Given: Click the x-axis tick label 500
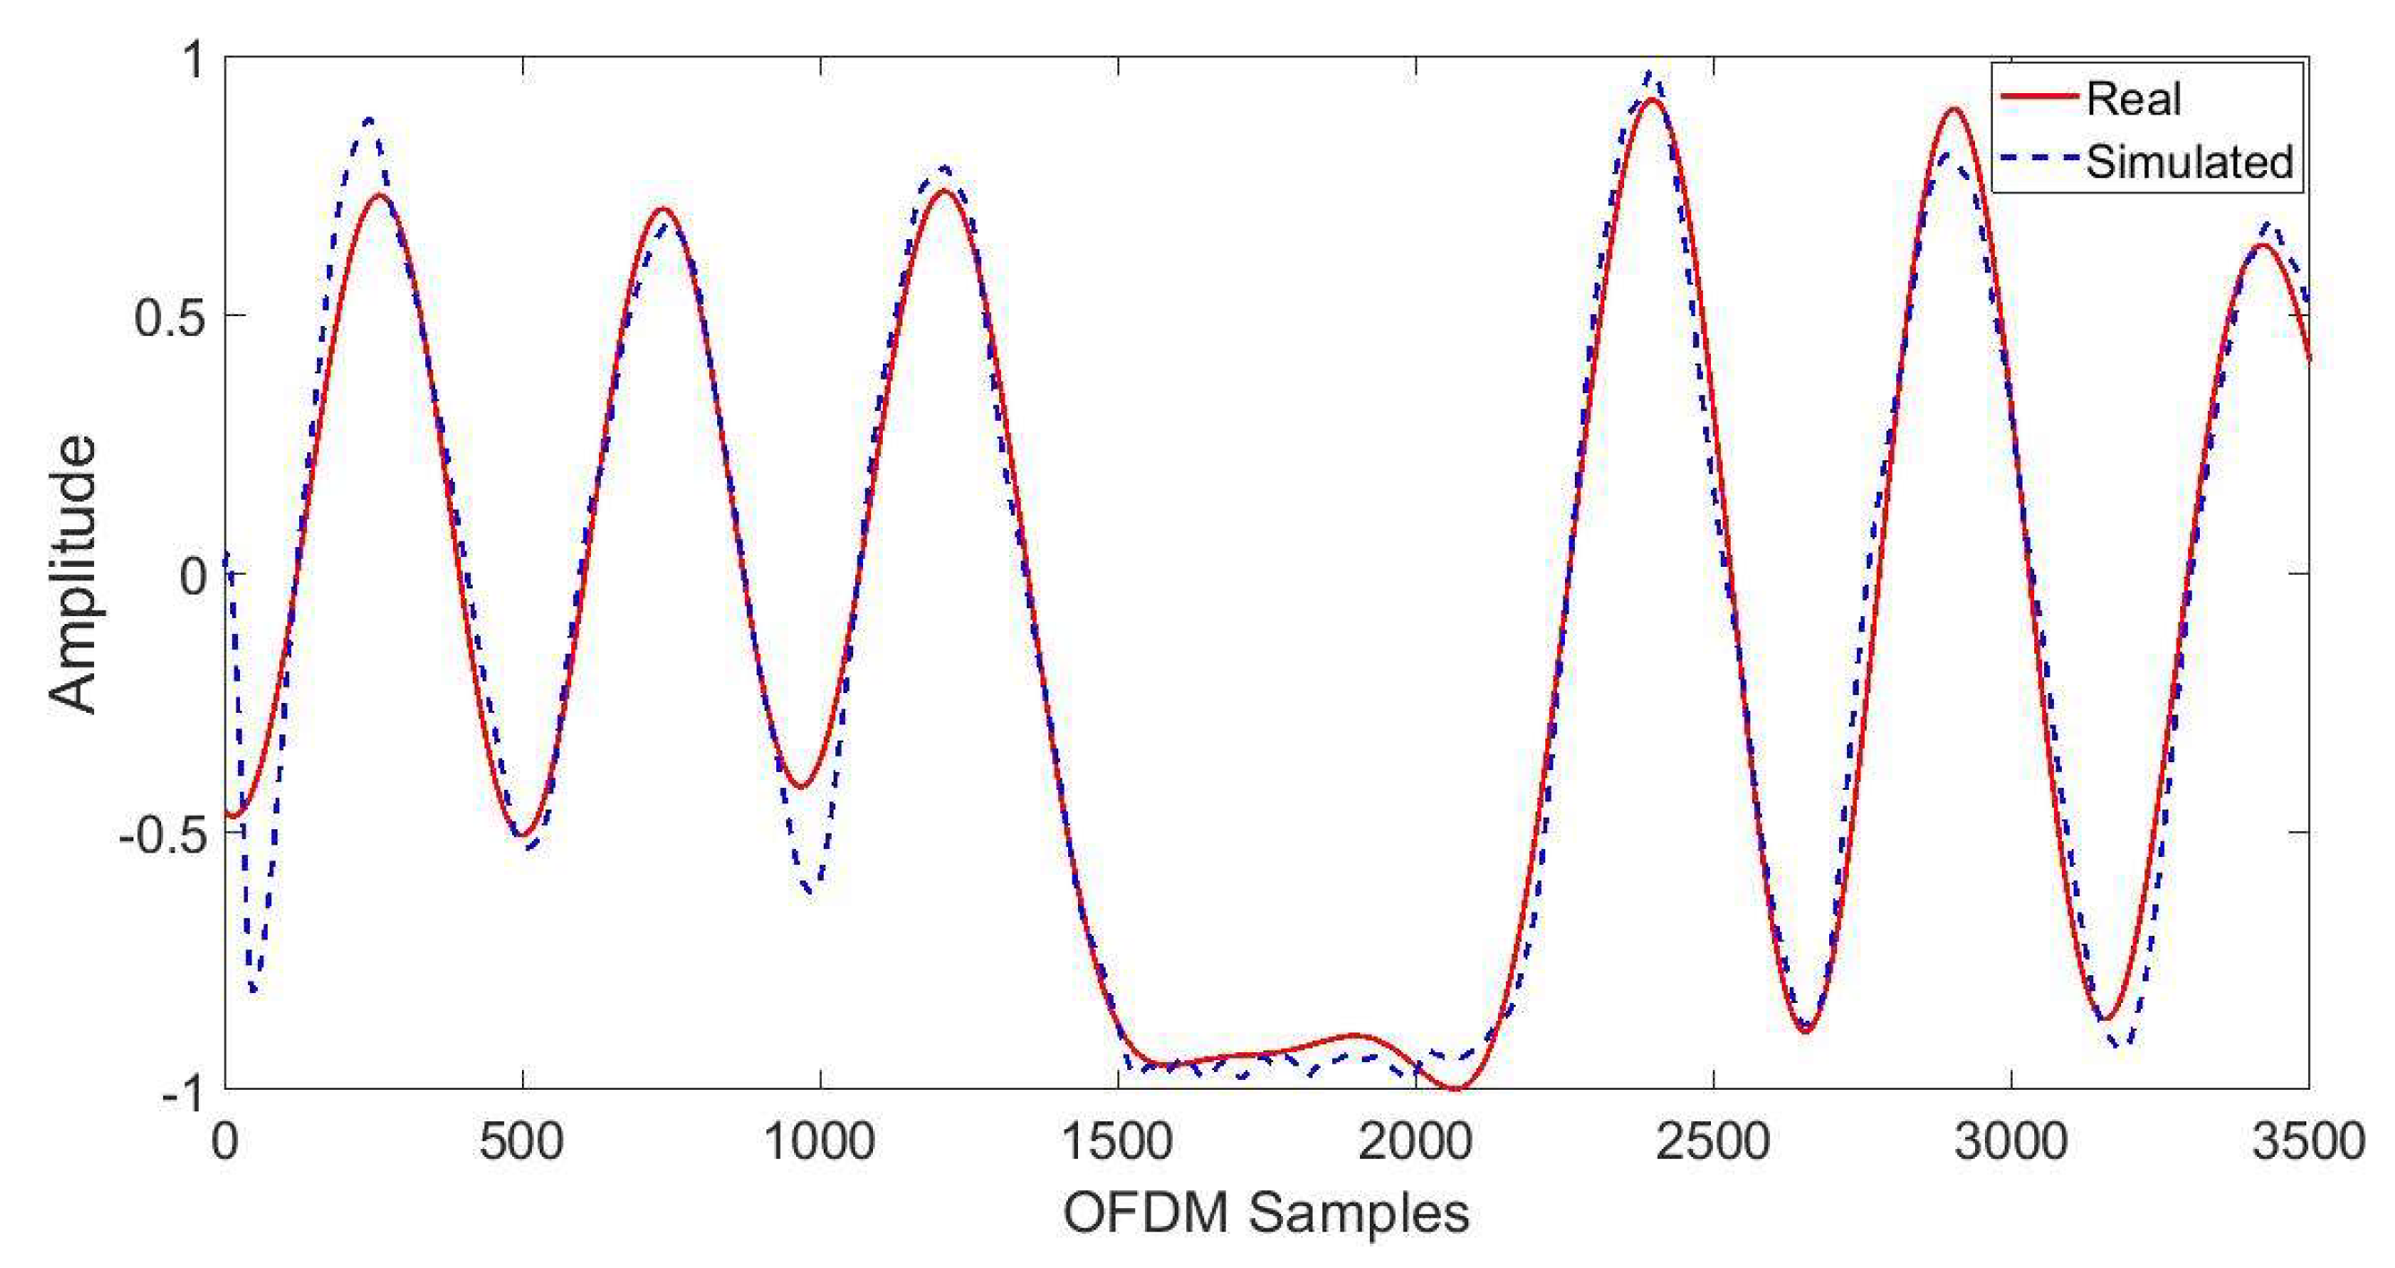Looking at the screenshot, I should [522, 1141].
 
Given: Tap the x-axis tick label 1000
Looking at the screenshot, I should [819, 1141].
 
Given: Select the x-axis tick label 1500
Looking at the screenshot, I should [1116, 1141].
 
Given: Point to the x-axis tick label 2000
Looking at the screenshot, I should [1415, 1141].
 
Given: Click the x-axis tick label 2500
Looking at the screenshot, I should [1713, 1141].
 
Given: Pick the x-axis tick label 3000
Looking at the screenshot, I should [2011, 1141].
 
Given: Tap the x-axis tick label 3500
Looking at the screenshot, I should [2308, 1141].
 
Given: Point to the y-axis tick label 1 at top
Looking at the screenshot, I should [193, 60].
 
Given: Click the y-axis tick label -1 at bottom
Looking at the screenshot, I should [184, 1093].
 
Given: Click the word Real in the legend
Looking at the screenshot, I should [2133, 99].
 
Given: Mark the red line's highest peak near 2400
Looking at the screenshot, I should [1650, 99].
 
